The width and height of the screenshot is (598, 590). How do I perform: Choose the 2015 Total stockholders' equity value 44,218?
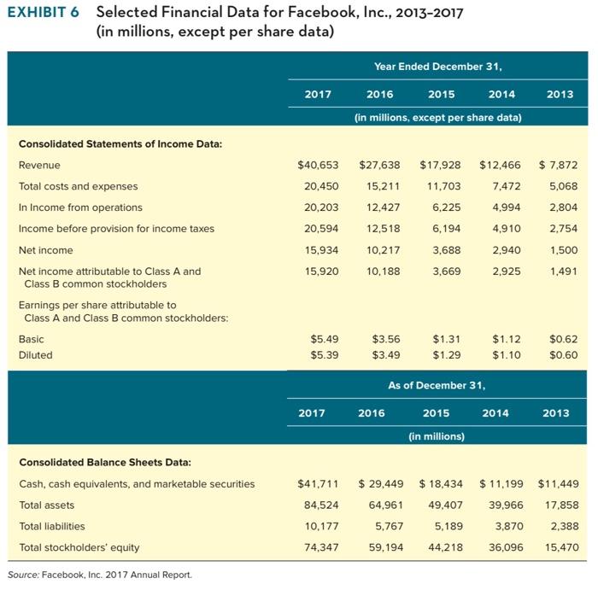[x=443, y=547]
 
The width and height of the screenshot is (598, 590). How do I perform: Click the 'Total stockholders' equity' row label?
[x=79, y=547]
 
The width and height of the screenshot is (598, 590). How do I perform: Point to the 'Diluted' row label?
[x=35, y=354]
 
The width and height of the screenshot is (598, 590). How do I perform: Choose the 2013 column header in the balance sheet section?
[x=555, y=412]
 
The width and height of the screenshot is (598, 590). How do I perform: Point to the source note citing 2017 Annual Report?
[x=98, y=574]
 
